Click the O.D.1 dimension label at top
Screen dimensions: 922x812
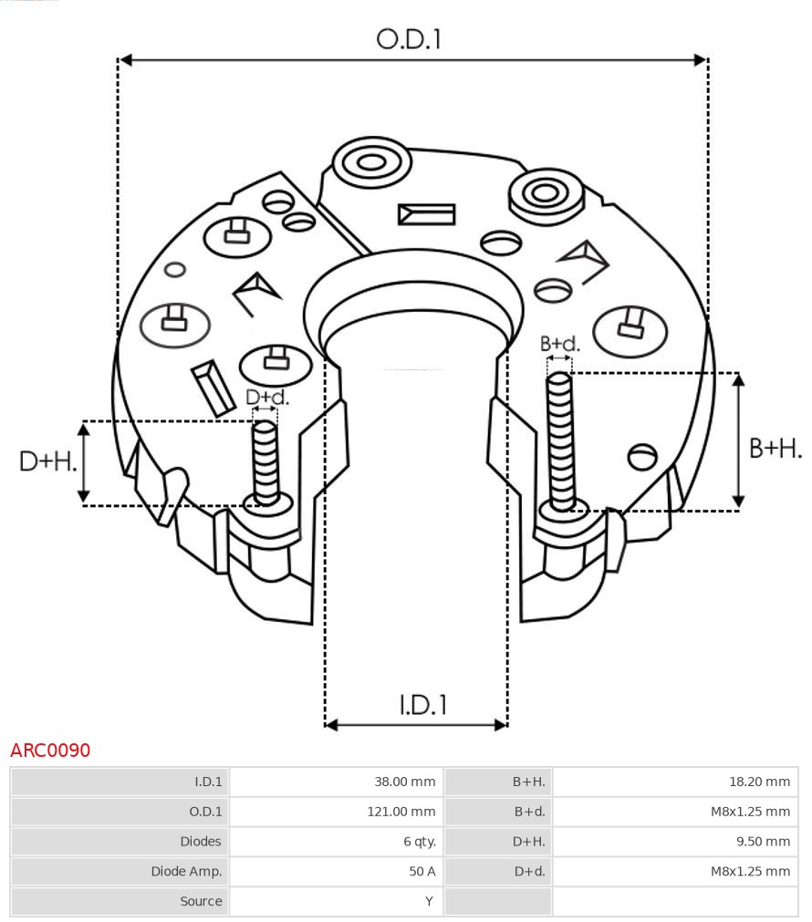(x=409, y=38)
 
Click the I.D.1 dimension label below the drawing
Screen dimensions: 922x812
(x=422, y=704)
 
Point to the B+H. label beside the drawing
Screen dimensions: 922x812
(x=775, y=448)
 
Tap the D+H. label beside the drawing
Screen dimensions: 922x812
(x=47, y=461)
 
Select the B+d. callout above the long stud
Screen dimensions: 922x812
(x=559, y=344)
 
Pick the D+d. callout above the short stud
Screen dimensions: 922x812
(x=266, y=398)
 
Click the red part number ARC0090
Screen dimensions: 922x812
(x=50, y=751)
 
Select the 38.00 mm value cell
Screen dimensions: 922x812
(x=404, y=782)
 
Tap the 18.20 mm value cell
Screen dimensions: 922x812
(x=757, y=782)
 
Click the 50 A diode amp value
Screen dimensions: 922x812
(x=422, y=872)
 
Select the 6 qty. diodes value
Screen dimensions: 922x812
(x=417, y=842)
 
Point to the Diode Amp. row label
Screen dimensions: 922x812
(x=186, y=872)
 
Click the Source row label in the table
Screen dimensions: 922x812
(x=201, y=901)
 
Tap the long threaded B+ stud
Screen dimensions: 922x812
(x=560, y=438)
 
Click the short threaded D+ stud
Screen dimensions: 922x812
(x=265, y=461)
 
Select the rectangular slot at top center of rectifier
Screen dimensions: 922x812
(x=426, y=214)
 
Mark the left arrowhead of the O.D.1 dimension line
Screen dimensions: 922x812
(x=126, y=60)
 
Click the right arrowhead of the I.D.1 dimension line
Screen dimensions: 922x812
(x=501, y=725)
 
